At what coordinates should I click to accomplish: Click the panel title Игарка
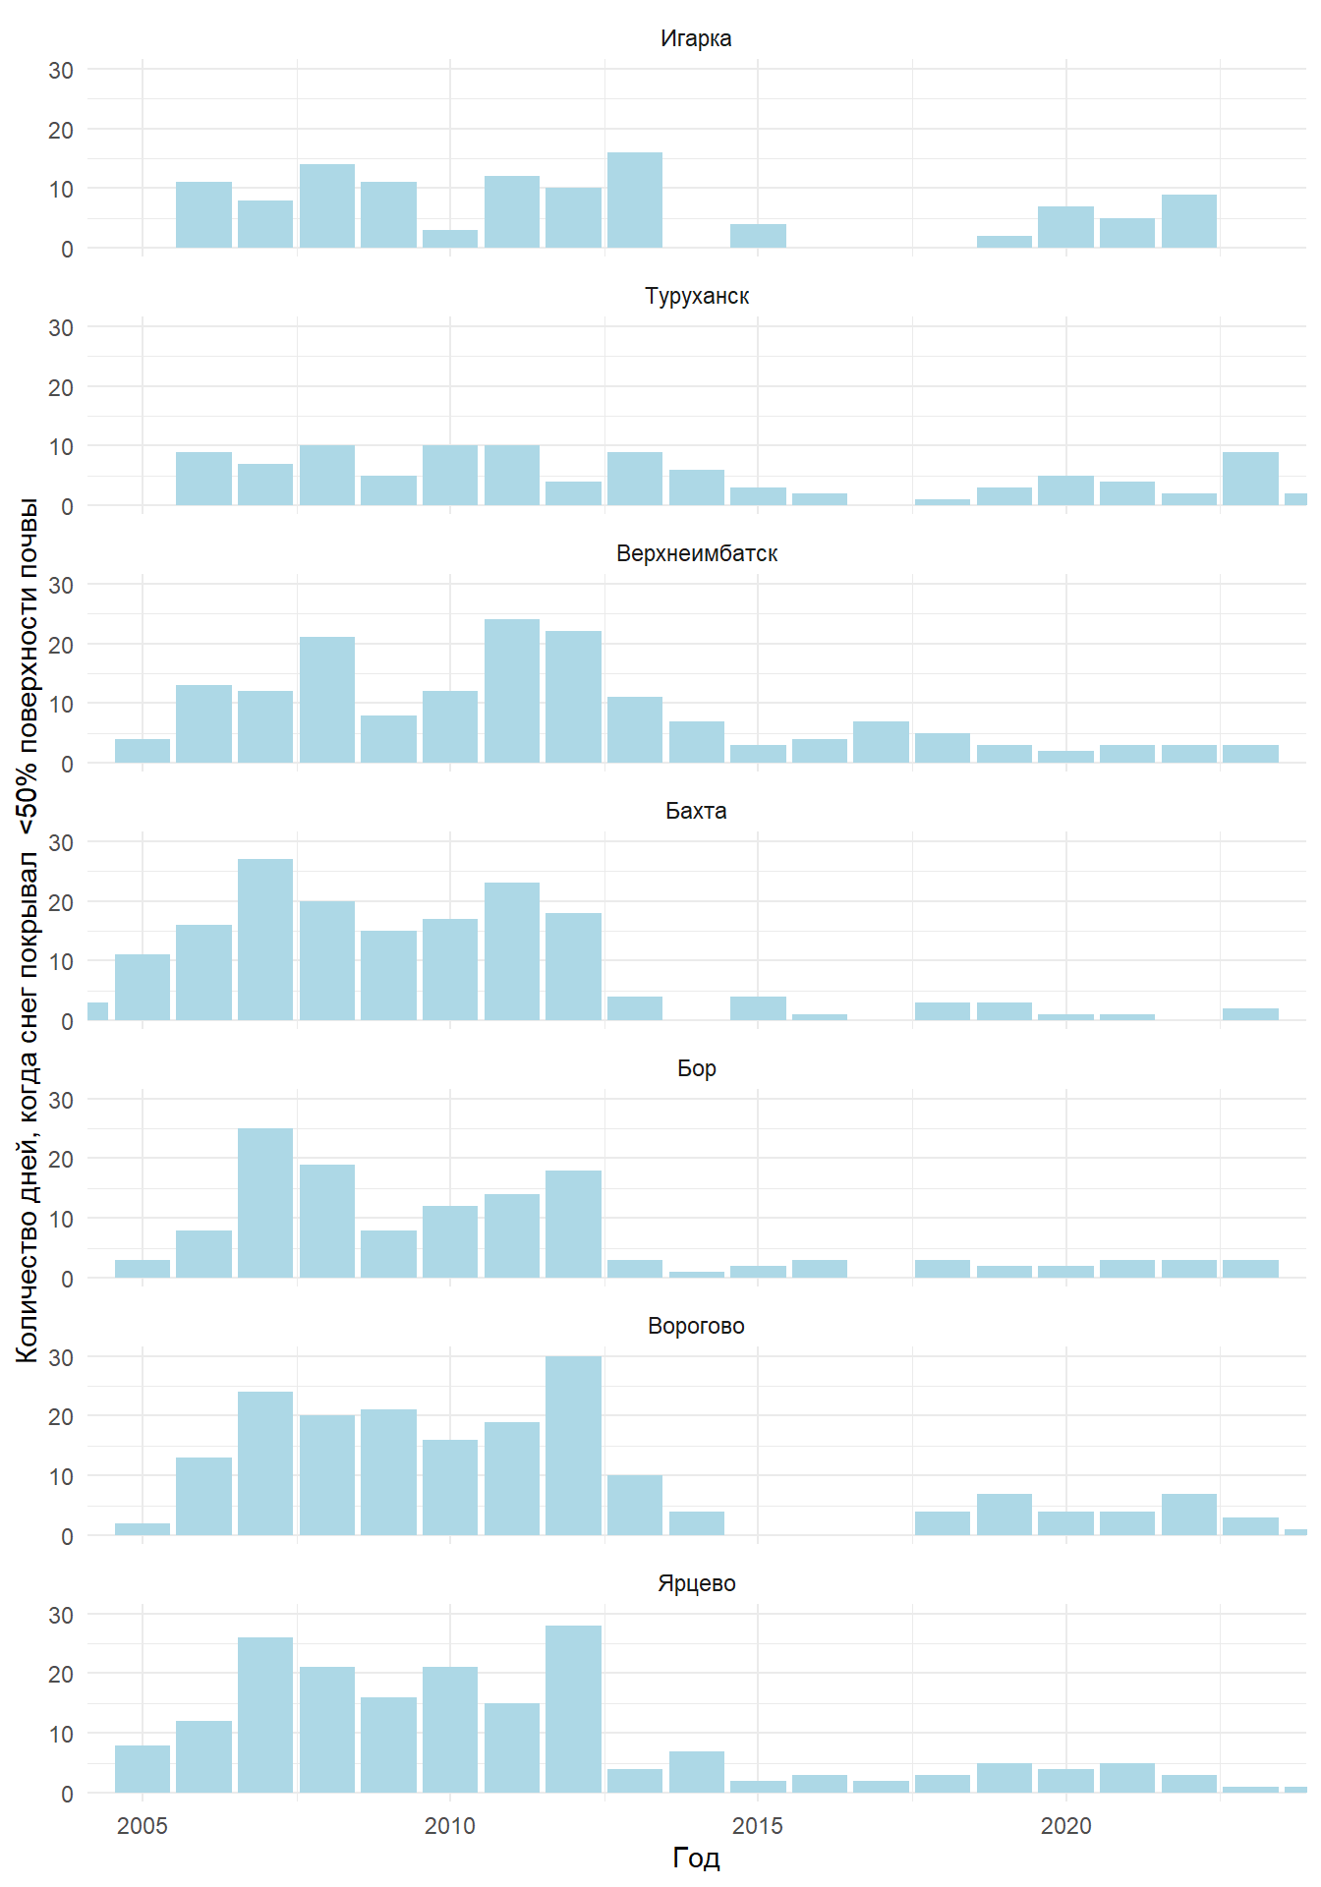click(696, 39)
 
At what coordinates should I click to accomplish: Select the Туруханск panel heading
click(696, 297)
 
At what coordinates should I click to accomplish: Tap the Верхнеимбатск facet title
click(696, 554)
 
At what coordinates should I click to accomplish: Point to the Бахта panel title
click(696, 812)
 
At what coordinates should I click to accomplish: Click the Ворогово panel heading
click(696, 1327)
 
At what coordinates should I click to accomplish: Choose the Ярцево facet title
click(696, 1584)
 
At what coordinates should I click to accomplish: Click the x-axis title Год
click(696, 1858)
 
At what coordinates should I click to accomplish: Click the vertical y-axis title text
click(28, 929)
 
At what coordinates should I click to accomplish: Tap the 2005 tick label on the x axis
click(143, 1826)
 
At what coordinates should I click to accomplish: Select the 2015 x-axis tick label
click(758, 1826)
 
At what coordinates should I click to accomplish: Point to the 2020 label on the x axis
click(1066, 1826)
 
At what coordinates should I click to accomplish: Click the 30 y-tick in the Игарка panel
click(61, 71)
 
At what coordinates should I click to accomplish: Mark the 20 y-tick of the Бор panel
click(61, 1160)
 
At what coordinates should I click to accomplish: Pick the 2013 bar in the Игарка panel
click(635, 200)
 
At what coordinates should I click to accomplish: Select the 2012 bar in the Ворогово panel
click(573, 1446)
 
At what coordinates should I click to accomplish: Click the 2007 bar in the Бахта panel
click(265, 940)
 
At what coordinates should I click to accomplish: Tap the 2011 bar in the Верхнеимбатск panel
click(512, 691)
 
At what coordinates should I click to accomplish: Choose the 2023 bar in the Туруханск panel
click(1250, 479)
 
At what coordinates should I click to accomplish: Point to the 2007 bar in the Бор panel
click(265, 1203)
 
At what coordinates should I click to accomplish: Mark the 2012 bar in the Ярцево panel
click(573, 1710)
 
